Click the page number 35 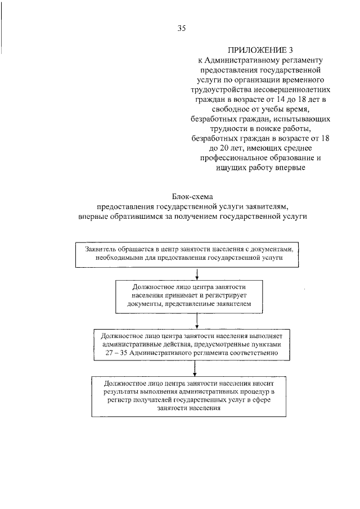tap(181, 29)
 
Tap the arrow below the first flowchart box tap(197, 273)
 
